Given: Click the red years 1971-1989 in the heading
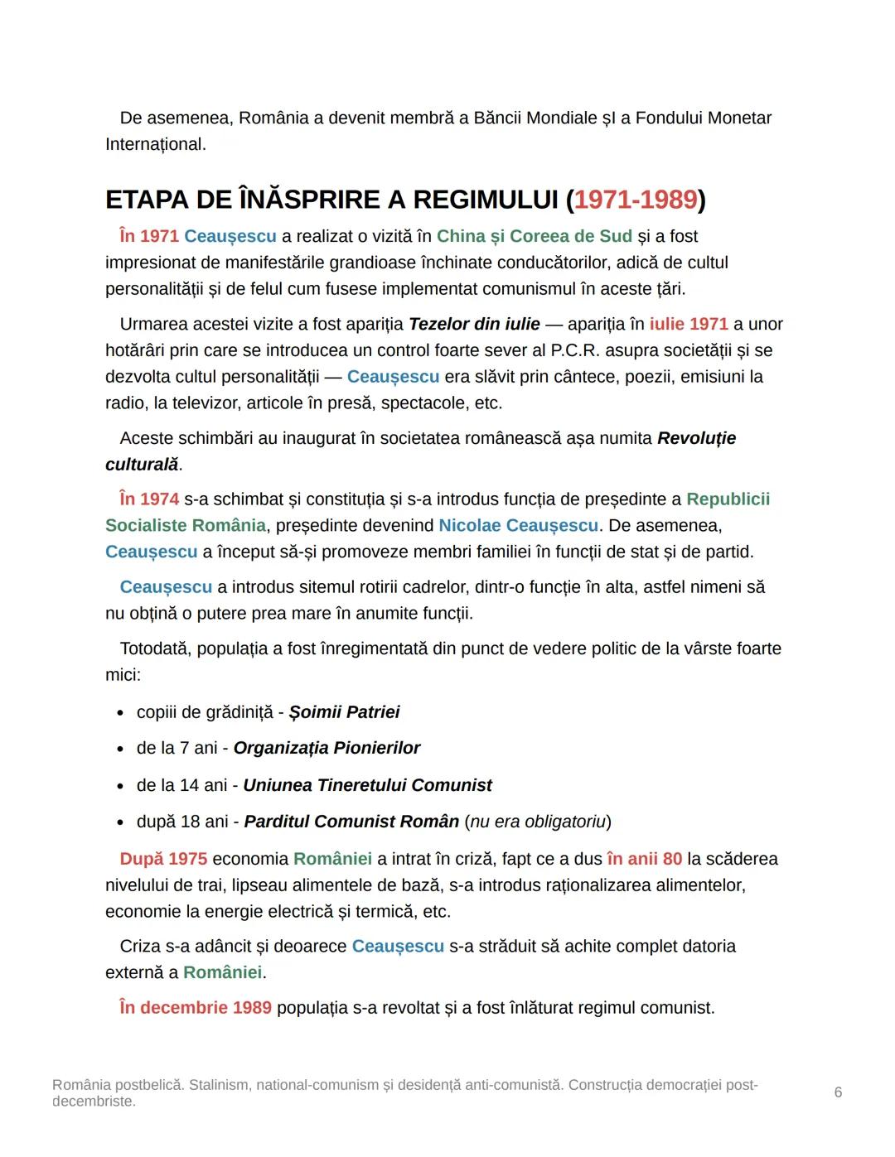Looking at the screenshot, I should (x=636, y=200).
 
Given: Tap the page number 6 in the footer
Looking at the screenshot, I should (x=838, y=1092).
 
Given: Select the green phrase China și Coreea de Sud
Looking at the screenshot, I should (x=534, y=236).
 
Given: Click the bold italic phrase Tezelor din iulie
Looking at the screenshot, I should (x=474, y=324).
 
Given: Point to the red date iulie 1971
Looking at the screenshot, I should (x=689, y=324).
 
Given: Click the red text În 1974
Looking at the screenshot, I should (x=149, y=499).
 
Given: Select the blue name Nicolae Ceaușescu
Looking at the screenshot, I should (x=518, y=526).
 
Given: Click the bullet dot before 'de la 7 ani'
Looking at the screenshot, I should (x=120, y=749).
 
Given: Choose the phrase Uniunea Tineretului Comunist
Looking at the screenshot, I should (x=367, y=785).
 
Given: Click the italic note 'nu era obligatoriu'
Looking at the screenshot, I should (x=537, y=822).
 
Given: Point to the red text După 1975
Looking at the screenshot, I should (x=163, y=859).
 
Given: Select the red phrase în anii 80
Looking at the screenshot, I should (x=644, y=859).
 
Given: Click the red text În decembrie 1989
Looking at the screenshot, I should (x=196, y=1008).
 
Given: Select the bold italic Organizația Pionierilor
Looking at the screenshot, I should (x=327, y=749).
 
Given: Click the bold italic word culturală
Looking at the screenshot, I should (x=142, y=465).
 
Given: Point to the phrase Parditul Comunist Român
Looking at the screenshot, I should (x=351, y=822).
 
